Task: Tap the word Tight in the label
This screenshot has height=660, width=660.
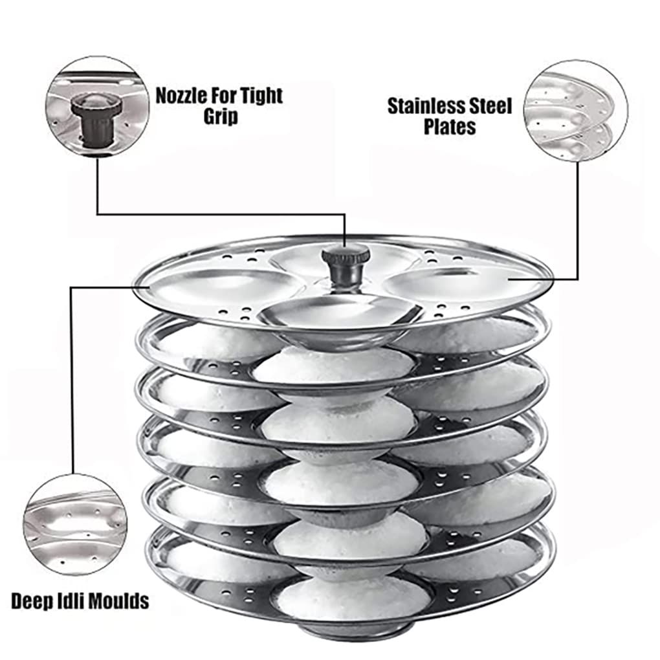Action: [259, 96]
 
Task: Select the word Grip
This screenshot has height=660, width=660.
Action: [220, 116]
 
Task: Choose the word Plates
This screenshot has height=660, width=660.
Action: [450, 127]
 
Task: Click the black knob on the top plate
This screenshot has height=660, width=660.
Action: [346, 266]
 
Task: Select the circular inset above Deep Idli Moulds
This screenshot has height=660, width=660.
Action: [75, 524]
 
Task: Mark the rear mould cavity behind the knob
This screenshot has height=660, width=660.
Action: [336, 257]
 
